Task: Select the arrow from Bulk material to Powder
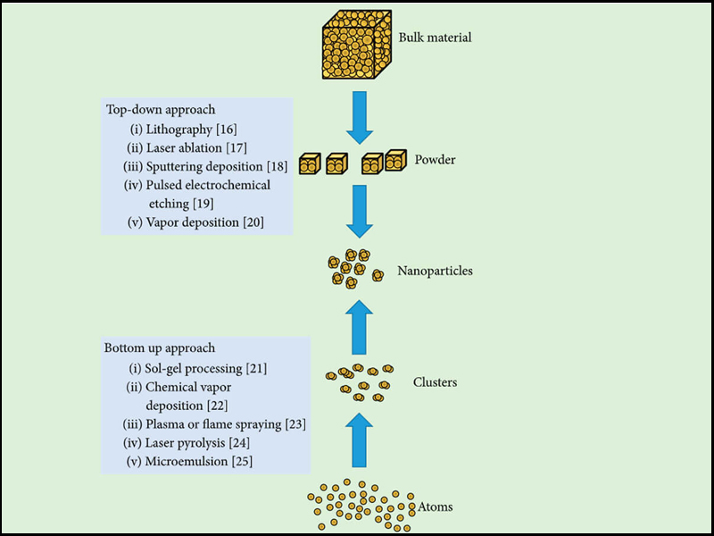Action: click(359, 117)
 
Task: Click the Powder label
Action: click(436, 161)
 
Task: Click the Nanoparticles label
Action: click(435, 271)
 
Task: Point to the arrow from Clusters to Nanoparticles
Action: click(359, 327)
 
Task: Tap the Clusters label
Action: click(435, 382)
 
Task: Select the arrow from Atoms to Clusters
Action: click(359, 438)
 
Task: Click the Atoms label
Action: click(436, 507)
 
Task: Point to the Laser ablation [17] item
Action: click(186, 147)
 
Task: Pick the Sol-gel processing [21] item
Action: click(198, 367)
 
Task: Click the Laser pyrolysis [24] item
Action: click(189, 442)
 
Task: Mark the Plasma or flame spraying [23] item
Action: click(214, 423)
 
